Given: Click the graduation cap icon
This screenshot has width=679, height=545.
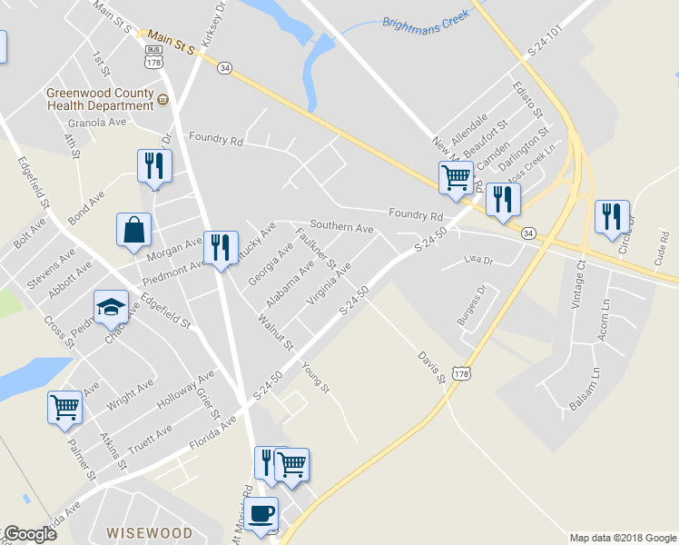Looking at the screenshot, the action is point(111,308).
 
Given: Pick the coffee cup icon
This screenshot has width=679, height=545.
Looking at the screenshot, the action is point(261,513).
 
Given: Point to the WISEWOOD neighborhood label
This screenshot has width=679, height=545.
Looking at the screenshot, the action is point(149,531).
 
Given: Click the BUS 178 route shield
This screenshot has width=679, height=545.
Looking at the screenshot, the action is point(153,56).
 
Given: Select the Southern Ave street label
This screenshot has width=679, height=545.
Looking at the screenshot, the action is point(341,226).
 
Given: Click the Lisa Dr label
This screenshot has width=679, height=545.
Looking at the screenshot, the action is point(477,260).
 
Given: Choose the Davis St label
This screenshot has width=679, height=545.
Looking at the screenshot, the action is point(431,366).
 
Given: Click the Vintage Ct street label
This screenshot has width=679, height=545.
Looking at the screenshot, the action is point(578,284).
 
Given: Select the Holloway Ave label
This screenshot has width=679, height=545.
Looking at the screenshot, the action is point(185,389).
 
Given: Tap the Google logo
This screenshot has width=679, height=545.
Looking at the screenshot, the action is point(30,534).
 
